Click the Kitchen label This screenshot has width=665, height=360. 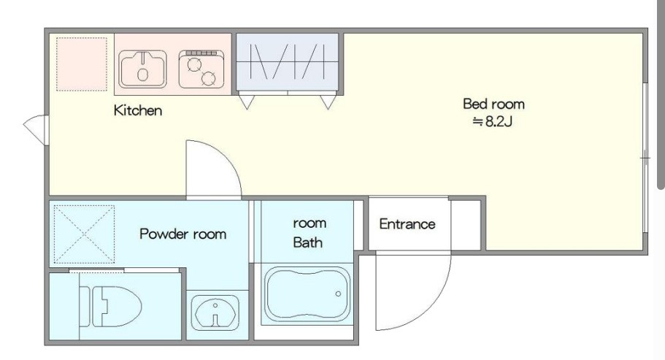click(x=138, y=110)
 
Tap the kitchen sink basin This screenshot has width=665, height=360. click(x=142, y=69)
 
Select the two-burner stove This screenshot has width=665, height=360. click(x=201, y=69)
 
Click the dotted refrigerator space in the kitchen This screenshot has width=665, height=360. click(x=82, y=64)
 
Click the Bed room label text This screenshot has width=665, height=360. click(x=493, y=104)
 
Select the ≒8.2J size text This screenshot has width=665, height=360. click(x=493, y=122)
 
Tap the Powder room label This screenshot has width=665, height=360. click(x=182, y=234)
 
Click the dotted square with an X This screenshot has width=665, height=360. click(x=84, y=234)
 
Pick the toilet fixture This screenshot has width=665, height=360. click(x=110, y=306)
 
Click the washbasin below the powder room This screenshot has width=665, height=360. click(x=215, y=313)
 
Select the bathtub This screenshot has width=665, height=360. click(x=307, y=294)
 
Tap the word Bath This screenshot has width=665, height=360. click(x=307, y=242)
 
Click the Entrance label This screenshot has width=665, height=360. click(x=407, y=224)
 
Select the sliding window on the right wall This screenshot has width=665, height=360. click(x=645, y=158)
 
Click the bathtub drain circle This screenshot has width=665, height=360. click(x=338, y=294)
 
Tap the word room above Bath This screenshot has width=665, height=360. click(x=310, y=223)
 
